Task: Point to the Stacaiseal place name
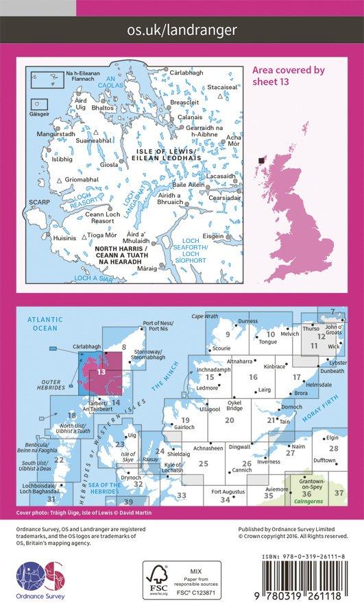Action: (x=221, y=88)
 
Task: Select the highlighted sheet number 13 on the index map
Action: (x=101, y=372)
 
